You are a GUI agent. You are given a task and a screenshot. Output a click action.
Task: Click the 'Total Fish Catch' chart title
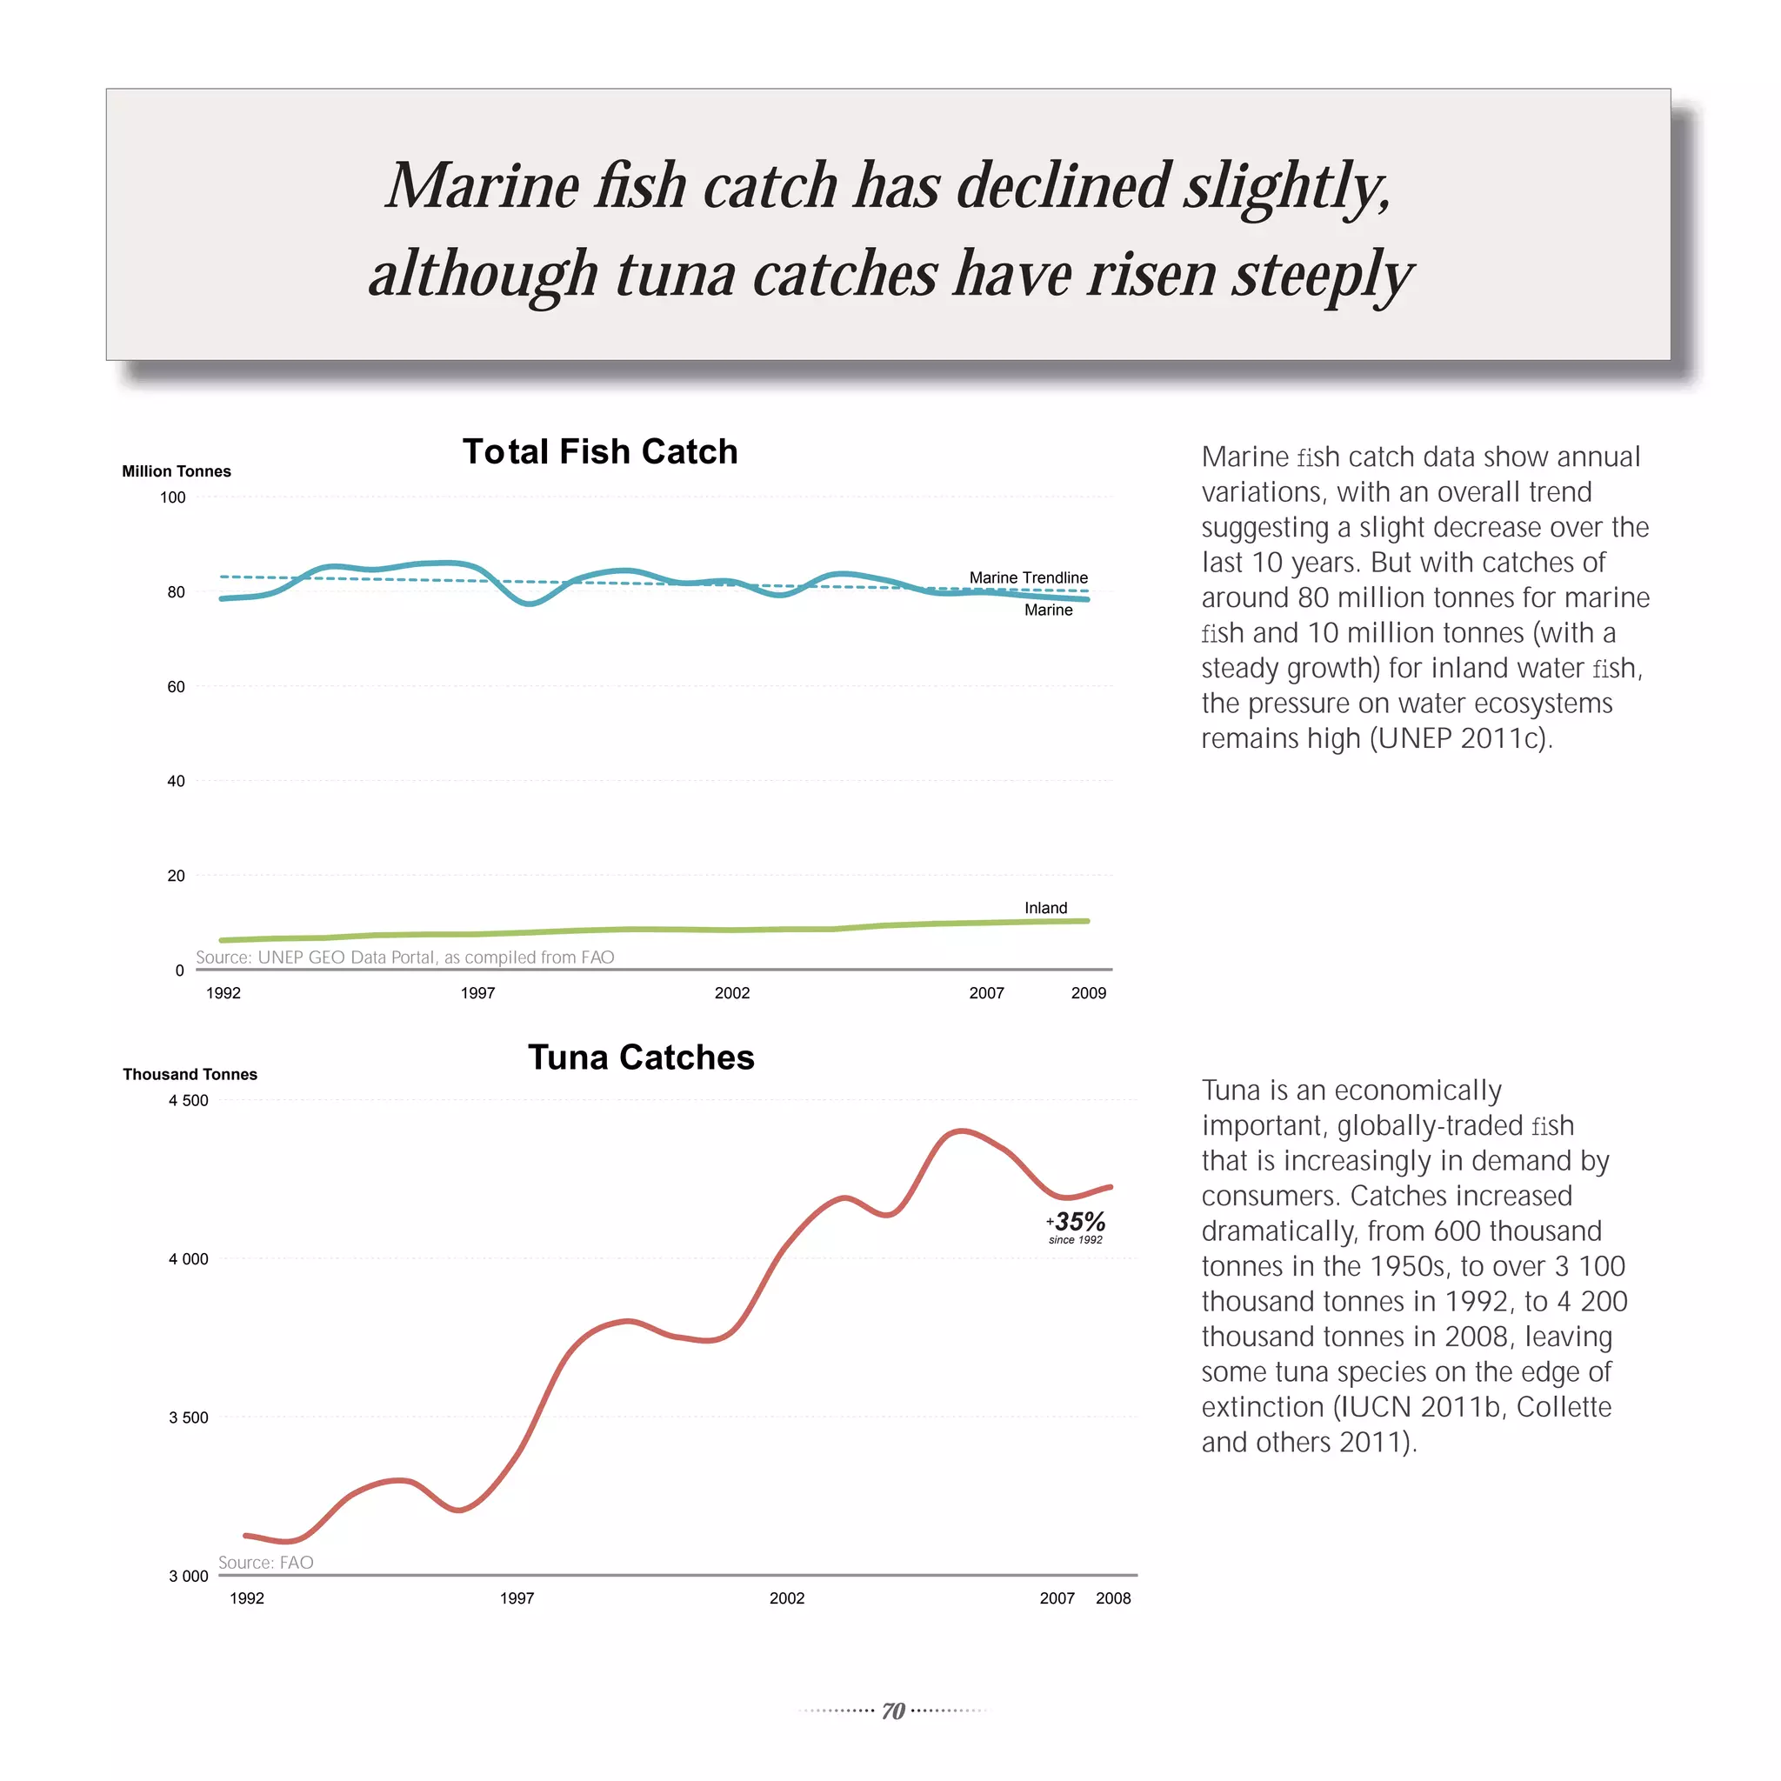coord(600,451)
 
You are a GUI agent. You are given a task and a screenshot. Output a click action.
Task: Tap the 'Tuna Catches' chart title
coord(641,1057)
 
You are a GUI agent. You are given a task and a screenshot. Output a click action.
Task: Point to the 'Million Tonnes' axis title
coord(176,471)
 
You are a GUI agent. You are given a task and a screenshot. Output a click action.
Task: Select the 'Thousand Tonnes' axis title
coord(190,1074)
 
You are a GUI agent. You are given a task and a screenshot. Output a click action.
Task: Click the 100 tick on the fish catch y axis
coord(172,497)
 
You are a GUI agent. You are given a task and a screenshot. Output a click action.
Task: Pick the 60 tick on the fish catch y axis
coord(175,687)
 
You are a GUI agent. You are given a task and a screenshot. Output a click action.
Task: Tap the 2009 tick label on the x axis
coord(1088,993)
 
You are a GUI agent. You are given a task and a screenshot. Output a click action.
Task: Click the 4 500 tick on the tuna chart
coord(188,1101)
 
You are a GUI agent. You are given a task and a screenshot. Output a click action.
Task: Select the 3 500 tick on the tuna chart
coord(188,1417)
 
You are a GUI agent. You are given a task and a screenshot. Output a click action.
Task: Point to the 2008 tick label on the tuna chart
coord(1112,1598)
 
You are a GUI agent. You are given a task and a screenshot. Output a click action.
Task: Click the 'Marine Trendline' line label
coord(1028,578)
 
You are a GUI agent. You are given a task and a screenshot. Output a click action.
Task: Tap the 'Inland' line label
coord(1045,908)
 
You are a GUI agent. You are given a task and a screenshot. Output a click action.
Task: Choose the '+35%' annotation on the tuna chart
coord(1077,1223)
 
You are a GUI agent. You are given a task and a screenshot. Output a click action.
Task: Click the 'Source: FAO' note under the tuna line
coord(265,1563)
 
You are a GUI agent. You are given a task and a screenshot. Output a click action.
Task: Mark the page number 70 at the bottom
coord(892,1711)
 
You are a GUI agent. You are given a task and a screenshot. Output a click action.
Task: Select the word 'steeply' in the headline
coord(1322,274)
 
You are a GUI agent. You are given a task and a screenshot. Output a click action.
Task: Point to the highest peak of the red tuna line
coord(961,1131)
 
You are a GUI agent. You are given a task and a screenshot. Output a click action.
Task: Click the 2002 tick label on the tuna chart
coord(786,1598)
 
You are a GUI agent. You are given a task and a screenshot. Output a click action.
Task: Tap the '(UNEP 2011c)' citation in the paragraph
coord(1460,738)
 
